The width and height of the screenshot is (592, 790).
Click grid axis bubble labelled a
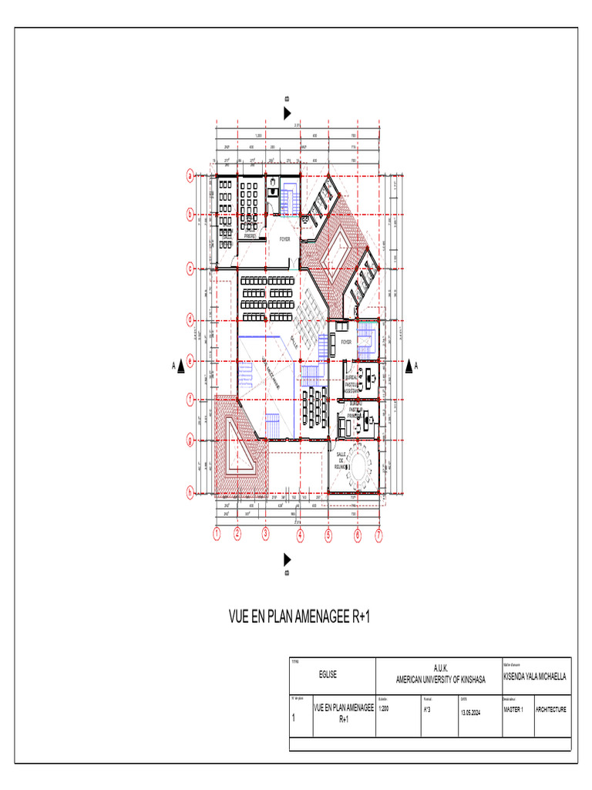tap(190, 176)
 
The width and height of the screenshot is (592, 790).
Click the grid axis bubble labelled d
tap(190, 319)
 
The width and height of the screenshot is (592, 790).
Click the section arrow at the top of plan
tap(288, 113)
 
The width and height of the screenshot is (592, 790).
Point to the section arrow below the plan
tap(288, 559)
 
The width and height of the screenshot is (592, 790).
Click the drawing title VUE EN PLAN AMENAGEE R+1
tap(295, 617)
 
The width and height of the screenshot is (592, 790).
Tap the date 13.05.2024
tap(471, 713)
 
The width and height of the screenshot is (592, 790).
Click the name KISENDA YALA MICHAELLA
tap(534, 677)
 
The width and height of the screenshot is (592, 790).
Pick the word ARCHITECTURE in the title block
tap(552, 709)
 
